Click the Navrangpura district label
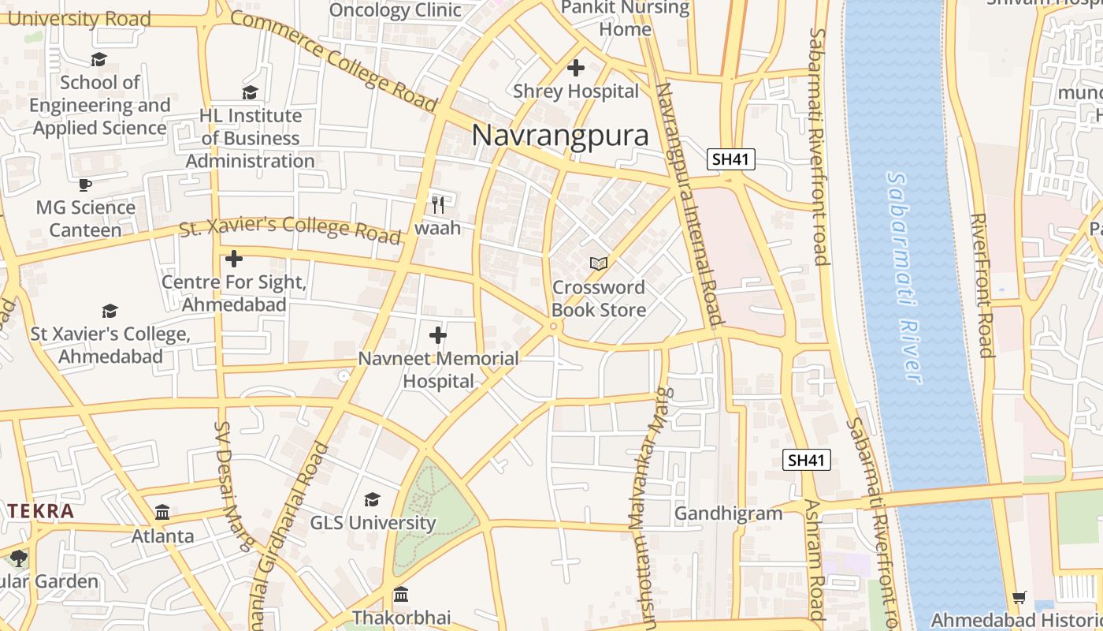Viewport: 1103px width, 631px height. pyautogui.click(x=560, y=135)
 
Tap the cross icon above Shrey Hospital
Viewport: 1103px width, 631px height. pyautogui.click(x=576, y=68)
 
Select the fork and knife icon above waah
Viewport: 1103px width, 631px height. pyautogui.click(x=438, y=205)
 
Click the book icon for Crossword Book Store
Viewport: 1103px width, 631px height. pyautogui.click(x=599, y=263)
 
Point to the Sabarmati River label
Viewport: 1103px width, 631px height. pyautogui.click(x=904, y=278)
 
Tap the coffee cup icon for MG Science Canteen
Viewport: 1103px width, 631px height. pyautogui.click(x=85, y=185)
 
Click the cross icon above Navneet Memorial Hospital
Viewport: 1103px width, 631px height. pyautogui.click(x=438, y=336)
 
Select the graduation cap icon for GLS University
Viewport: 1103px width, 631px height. pyautogui.click(x=372, y=499)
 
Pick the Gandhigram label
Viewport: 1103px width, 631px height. pyautogui.click(x=728, y=513)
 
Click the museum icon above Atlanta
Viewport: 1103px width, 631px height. pyautogui.click(x=162, y=513)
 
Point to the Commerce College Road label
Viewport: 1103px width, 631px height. pyautogui.click(x=333, y=62)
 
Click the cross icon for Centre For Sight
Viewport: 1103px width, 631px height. pyautogui.click(x=233, y=259)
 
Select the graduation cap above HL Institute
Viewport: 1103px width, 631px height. pyautogui.click(x=250, y=92)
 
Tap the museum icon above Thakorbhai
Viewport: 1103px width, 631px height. pyautogui.click(x=401, y=594)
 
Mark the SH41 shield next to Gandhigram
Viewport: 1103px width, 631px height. pyautogui.click(x=807, y=460)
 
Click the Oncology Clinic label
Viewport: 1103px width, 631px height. pyautogui.click(x=395, y=10)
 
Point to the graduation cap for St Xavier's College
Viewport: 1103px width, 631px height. pyautogui.click(x=110, y=312)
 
